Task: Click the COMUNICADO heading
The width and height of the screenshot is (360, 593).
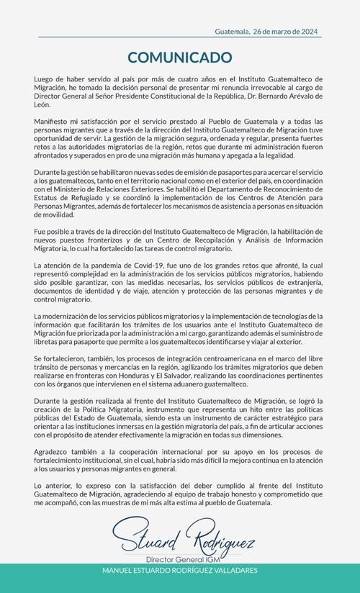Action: tap(180, 57)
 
